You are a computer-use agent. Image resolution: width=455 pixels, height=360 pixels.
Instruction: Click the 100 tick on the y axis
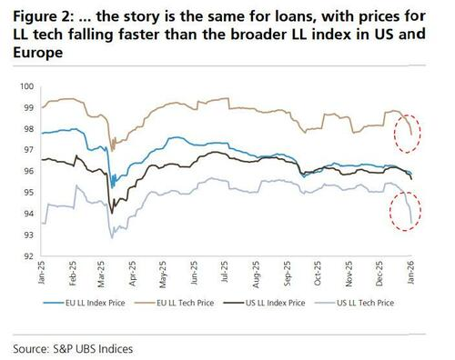26,86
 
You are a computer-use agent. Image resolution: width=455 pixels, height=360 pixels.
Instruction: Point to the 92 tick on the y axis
28,256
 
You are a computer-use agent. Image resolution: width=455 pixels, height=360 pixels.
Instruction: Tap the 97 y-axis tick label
28,150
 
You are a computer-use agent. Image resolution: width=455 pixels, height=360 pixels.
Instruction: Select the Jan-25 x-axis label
41,273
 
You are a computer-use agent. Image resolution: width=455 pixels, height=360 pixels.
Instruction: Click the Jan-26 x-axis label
410,273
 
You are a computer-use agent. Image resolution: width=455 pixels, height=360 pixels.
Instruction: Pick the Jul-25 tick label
225,272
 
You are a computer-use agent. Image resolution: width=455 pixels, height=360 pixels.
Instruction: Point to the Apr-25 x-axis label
133,274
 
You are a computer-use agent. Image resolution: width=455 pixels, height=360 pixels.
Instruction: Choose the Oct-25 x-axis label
318,274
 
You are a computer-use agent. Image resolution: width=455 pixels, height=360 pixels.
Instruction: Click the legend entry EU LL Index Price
84,303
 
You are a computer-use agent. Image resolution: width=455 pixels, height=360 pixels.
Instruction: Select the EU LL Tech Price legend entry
174,303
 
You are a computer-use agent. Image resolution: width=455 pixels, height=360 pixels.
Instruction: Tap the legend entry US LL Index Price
264,303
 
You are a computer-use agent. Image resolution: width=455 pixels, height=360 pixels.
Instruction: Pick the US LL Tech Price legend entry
354,303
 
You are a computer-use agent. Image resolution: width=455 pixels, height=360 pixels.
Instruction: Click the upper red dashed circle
395,134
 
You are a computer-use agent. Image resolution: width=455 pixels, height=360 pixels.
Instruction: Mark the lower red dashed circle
390,211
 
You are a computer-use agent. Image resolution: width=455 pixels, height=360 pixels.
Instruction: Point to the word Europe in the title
38,53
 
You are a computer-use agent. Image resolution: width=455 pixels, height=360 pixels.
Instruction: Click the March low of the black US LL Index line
112,214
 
